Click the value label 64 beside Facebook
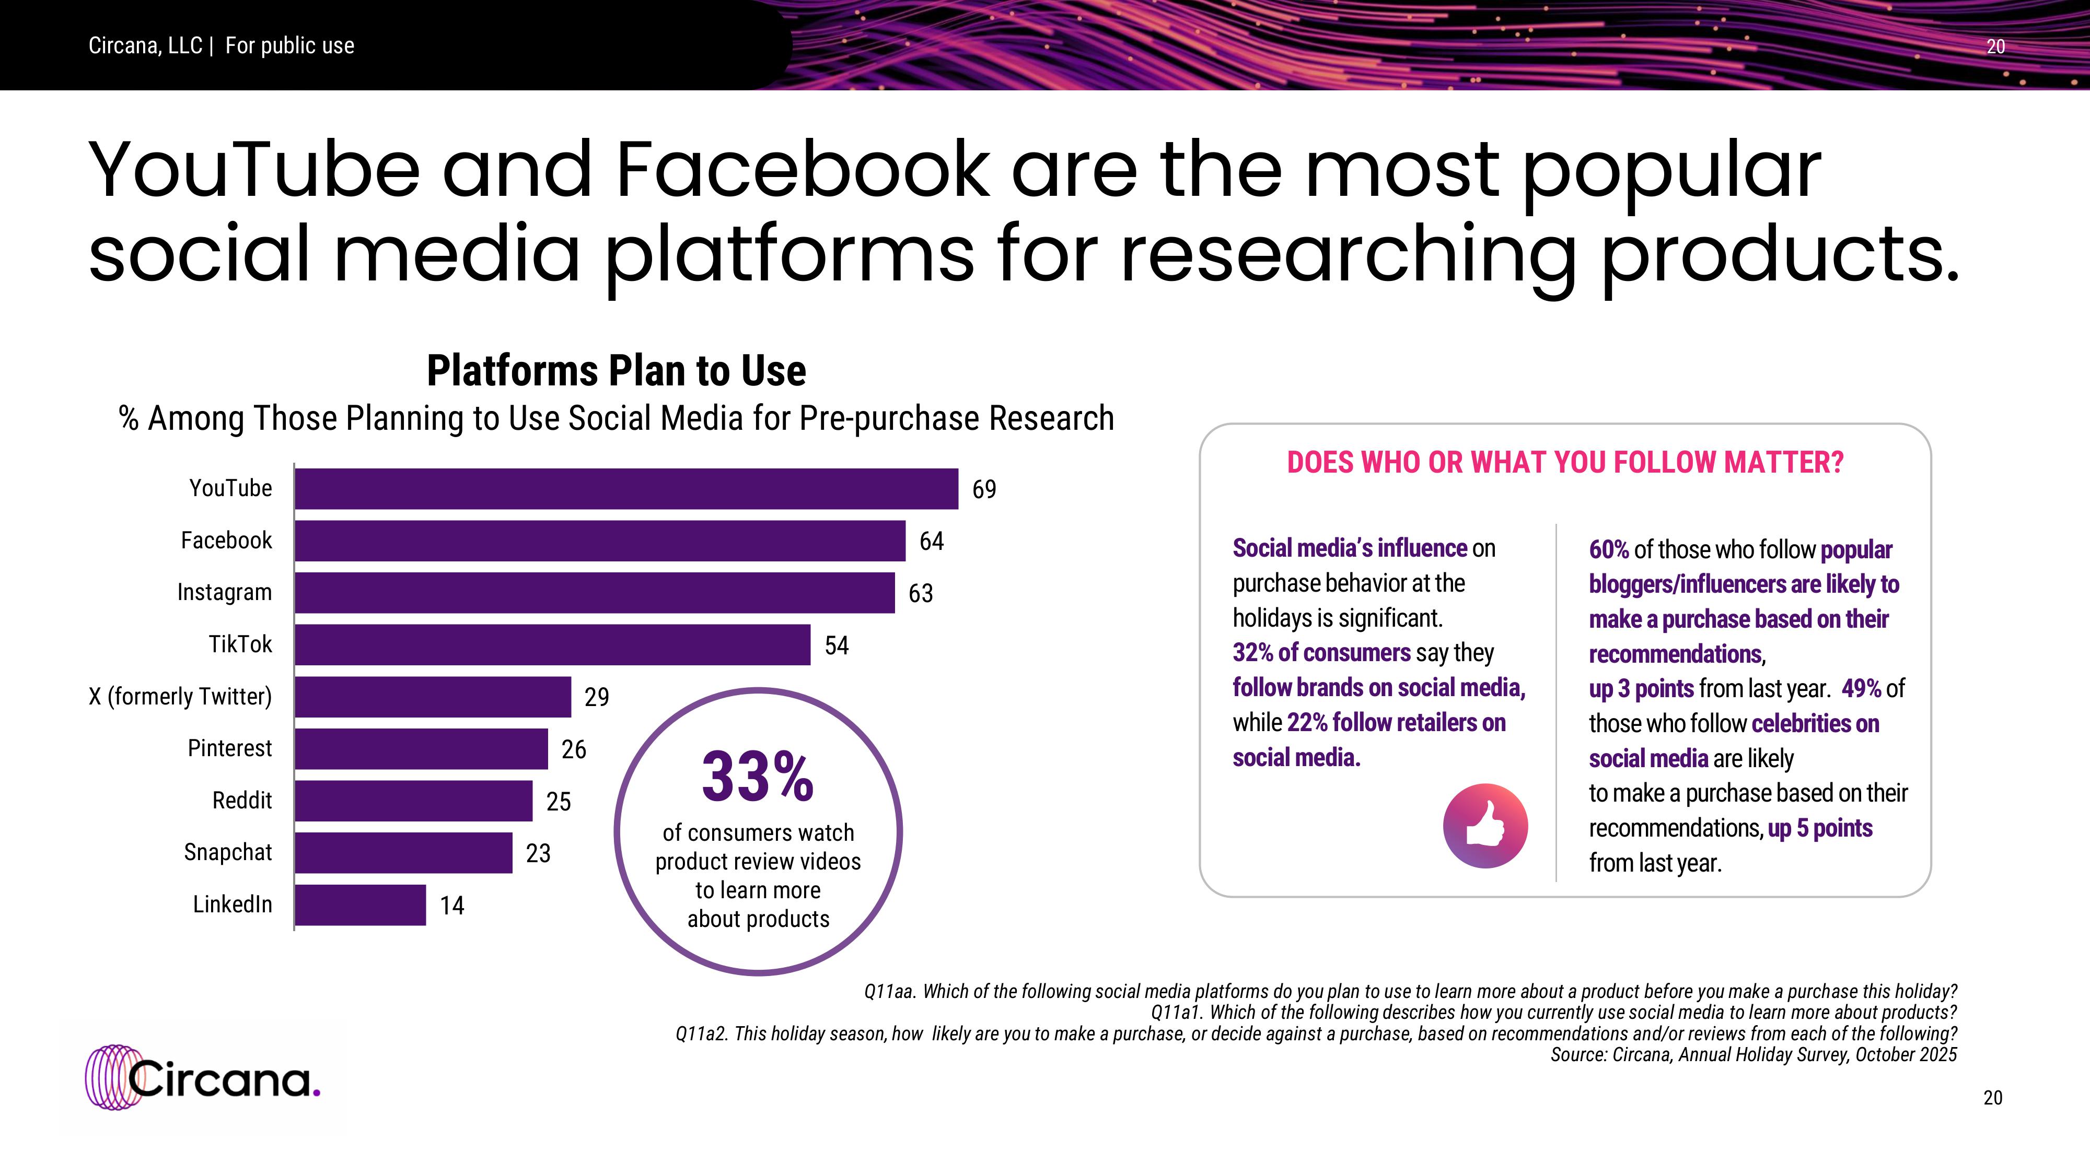[932, 542]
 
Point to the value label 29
[596, 697]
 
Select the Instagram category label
[225, 593]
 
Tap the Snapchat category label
[228, 852]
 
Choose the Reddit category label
[242, 801]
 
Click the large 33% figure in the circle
[757, 778]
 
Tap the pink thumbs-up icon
[1485, 826]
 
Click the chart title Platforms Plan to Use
[616, 371]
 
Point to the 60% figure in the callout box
[1608, 550]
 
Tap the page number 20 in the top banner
[1995, 47]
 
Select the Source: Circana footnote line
[1754, 1055]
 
